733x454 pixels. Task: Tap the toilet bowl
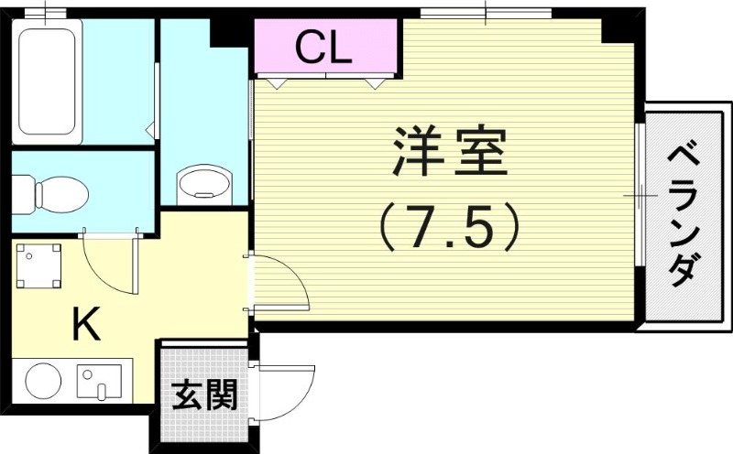pos(53,193)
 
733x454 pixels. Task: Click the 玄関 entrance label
pos(204,395)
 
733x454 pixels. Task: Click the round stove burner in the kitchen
pos(42,381)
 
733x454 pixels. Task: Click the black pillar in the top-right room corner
pos(618,27)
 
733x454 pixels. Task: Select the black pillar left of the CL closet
pos(229,29)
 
